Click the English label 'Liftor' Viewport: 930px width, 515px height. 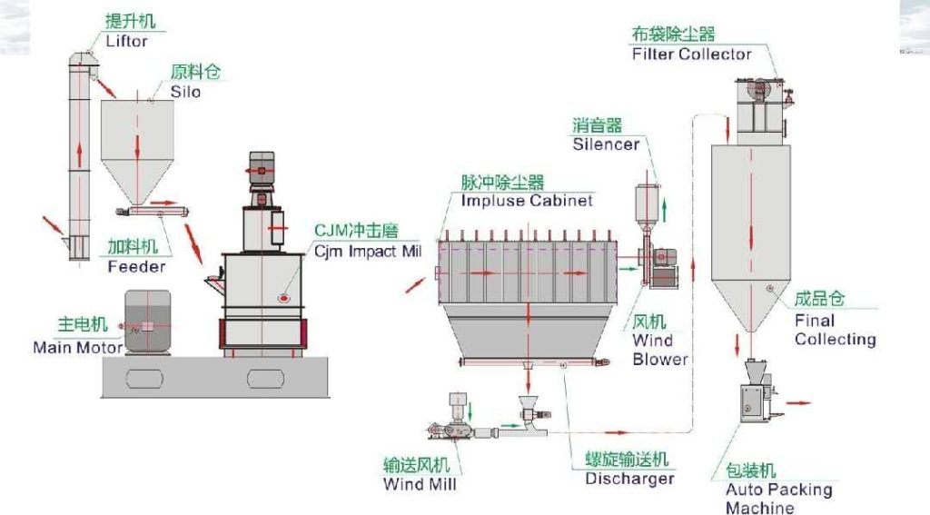(126, 42)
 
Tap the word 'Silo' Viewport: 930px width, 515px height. (185, 92)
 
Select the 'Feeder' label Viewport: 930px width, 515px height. (136, 267)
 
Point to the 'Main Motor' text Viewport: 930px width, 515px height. (78, 347)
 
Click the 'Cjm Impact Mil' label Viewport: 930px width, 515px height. (368, 252)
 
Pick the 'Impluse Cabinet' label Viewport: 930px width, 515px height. (527, 201)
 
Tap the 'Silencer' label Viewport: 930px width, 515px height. (606, 144)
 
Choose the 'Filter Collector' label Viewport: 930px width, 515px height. (691, 54)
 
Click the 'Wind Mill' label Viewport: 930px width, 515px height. (420, 484)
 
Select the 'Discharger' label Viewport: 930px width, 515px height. (630, 479)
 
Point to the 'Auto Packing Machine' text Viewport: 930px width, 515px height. (778, 499)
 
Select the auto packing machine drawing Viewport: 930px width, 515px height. (757, 391)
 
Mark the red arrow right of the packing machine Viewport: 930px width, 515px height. (802, 403)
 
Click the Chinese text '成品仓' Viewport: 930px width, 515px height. (819, 299)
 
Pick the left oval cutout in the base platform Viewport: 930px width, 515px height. (144, 379)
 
